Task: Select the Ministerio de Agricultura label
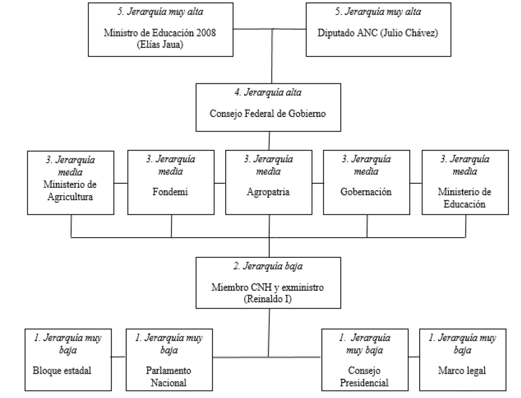(x=72, y=191)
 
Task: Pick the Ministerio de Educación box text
(x=464, y=198)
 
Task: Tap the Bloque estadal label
(x=62, y=369)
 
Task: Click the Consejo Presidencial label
(x=365, y=376)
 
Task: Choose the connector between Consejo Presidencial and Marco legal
(x=413, y=357)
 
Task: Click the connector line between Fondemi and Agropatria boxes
(x=219, y=182)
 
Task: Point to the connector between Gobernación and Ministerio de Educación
(x=416, y=182)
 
